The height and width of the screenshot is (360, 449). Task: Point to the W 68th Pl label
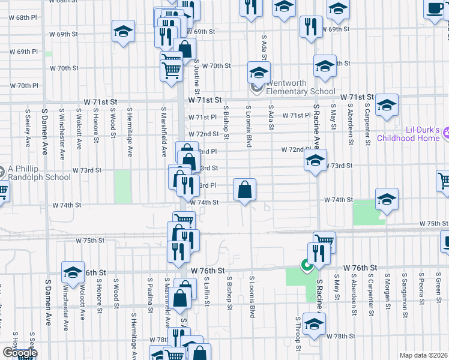click(x=24, y=17)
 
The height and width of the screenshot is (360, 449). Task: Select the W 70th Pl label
click(x=24, y=86)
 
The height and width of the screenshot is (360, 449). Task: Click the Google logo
click(x=20, y=353)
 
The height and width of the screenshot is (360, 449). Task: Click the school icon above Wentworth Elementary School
click(x=259, y=73)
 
